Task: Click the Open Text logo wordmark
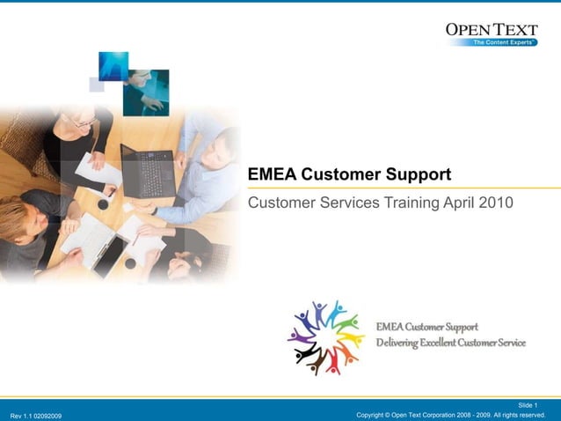coord(491,29)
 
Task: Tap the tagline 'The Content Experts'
coord(505,42)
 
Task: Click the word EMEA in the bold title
coord(273,174)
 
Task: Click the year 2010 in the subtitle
coord(494,203)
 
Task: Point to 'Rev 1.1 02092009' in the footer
coord(36,415)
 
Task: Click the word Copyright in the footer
coord(375,415)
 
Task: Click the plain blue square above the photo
coord(113,65)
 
